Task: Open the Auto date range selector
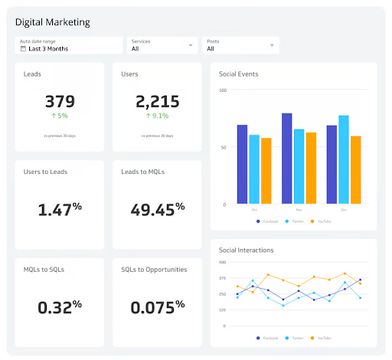tap(68, 45)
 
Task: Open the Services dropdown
tap(162, 45)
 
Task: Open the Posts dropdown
tap(240, 45)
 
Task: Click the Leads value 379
tap(60, 101)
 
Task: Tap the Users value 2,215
tap(157, 101)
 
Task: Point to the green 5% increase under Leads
tap(60, 116)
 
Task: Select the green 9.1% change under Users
tap(157, 116)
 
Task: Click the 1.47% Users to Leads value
tap(60, 208)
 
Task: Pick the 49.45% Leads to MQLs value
tap(157, 208)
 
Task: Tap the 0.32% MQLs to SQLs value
tap(60, 306)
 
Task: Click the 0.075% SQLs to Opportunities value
tap(157, 306)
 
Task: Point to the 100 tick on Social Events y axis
tap(223, 90)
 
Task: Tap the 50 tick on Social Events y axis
tap(224, 147)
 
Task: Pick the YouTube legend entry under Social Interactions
tap(322, 337)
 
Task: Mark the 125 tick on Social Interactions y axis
tap(222, 309)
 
